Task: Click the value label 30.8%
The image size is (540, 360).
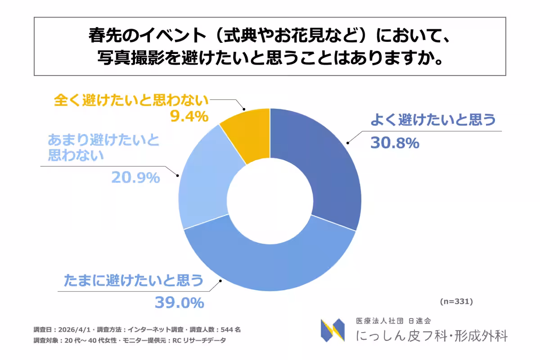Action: [x=395, y=143]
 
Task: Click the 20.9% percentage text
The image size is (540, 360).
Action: [x=135, y=178]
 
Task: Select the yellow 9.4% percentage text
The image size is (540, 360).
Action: [x=189, y=117]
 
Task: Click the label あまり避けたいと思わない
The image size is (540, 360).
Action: [x=103, y=148]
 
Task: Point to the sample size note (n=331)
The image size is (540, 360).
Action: [x=456, y=301]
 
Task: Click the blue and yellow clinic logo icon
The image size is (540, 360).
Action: [x=333, y=330]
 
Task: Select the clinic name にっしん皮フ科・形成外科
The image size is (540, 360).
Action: [x=432, y=336]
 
